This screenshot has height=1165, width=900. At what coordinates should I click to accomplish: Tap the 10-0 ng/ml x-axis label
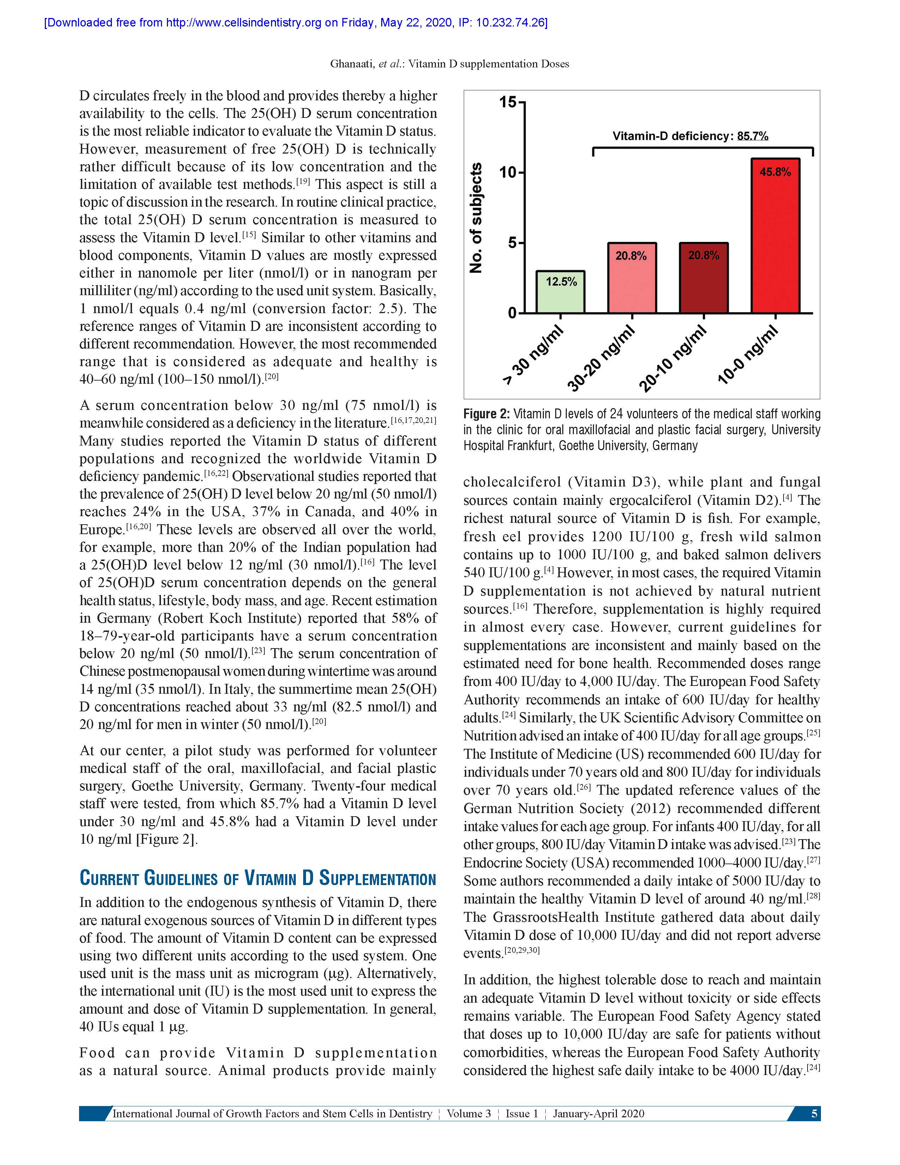click(x=748, y=356)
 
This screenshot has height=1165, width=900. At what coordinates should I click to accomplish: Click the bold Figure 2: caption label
click(x=487, y=414)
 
